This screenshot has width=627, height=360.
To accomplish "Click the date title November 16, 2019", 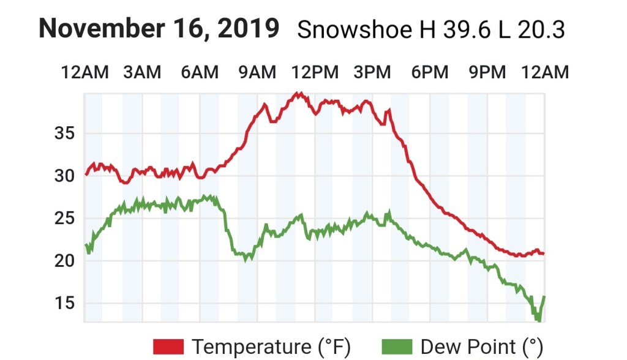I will tap(159, 28).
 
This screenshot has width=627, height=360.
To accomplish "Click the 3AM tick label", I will tap(142, 72).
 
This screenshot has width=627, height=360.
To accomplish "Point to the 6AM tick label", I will tap(200, 72).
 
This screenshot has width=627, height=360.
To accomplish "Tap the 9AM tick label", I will tap(257, 72).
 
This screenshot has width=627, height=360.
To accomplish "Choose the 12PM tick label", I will tap(315, 72).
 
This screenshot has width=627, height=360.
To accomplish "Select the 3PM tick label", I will tap(372, 72).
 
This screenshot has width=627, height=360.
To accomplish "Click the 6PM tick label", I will tap(430, 72).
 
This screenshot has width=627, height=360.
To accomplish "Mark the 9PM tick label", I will tap(487, 72).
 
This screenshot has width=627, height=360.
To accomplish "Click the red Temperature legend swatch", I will tap(168, 347).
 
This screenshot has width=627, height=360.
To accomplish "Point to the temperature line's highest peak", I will tap(298, 93).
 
